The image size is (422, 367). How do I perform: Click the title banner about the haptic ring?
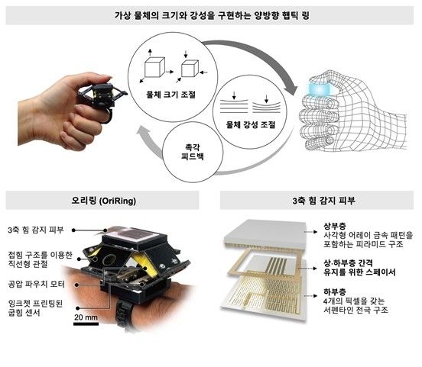point(210,15)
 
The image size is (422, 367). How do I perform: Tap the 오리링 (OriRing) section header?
point(102,201)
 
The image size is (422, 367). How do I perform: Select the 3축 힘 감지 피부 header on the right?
point(316,201)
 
